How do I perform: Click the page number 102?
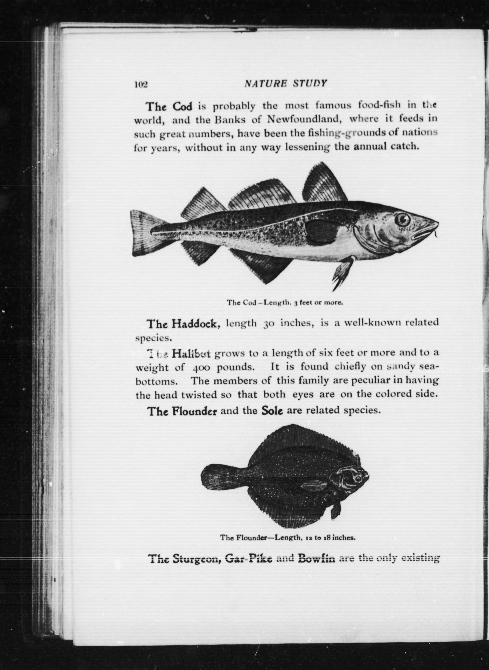(141, 85)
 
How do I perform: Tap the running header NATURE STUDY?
(286, 83)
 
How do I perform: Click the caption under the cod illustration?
(284, 303)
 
